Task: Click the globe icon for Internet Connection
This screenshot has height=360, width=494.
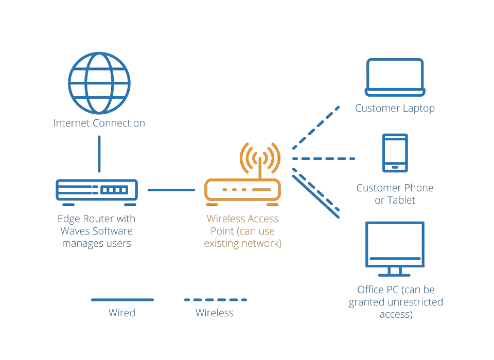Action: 99,83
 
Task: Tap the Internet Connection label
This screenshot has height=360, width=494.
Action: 99,123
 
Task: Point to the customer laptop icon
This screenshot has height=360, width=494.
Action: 395,78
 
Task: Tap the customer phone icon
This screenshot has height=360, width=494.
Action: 395,153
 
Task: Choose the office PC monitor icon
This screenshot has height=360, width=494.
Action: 395,249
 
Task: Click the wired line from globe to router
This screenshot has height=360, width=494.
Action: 99,154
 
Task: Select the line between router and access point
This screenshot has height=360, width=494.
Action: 171,190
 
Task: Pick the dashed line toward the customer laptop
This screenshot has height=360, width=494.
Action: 316,128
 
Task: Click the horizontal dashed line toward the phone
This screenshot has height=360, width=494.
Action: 324,158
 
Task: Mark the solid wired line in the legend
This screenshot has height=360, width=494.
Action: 122,300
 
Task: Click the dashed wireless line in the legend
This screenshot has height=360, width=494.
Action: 216,300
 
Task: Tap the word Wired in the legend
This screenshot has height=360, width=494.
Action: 122,313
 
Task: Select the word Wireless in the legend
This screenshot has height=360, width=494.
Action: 215,313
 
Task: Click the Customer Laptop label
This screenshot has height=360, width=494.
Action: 395,109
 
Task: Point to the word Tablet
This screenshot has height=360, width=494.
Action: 401,200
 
